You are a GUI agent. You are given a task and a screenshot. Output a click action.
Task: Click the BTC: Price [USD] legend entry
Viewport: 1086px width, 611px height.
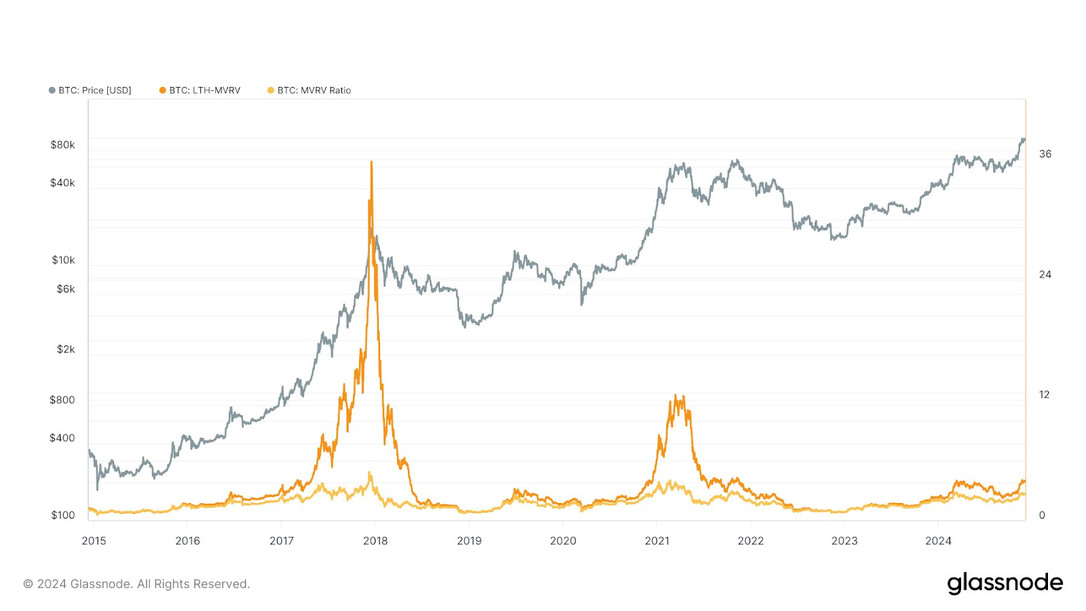click(x=90, y=90)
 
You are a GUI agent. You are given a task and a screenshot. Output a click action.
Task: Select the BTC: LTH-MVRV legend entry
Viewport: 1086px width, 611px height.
click(x=200, y=90)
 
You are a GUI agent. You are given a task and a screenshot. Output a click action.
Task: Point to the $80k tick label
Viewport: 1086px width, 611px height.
click(x=62, y=145)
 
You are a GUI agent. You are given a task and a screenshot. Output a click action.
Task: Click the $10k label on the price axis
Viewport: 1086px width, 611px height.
click(x=63, y=260)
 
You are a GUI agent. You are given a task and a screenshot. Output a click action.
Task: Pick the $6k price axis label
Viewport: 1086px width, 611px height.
click(x=66, y=289)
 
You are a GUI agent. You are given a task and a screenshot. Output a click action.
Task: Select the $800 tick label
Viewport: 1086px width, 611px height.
click(x=62, y=400)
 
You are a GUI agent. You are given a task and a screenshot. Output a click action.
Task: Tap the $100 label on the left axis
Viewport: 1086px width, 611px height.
click(x=62, y=515)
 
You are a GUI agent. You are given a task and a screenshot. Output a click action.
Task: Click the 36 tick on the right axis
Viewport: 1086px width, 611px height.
click(x=1045, y=154)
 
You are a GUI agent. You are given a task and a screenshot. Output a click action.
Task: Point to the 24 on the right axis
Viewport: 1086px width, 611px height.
click(x=1045, y=274)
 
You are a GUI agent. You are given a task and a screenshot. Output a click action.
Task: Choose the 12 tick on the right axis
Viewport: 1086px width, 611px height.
click(x=1045, y=394)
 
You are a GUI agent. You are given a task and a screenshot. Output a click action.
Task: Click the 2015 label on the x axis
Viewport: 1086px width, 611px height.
click(x=94, y=541)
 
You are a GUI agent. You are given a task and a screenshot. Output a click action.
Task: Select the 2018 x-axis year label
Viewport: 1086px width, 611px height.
click(x=375, y=541)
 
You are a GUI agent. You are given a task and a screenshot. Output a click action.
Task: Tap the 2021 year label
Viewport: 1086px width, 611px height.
click(x=657, y=541)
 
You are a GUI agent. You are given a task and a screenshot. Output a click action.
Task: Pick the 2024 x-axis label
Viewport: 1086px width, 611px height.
click(x=939, y=541)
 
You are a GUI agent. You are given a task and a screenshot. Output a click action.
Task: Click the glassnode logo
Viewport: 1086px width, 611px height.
click(x=1005, y=583)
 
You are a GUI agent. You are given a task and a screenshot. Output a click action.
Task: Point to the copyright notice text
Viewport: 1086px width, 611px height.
click(x=136, y=584)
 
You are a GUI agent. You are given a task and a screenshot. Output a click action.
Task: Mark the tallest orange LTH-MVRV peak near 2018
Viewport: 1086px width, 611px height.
click(x=371, y=163)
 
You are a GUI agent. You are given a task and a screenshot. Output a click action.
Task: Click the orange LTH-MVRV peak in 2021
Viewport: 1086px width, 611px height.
click(x=675, y=396)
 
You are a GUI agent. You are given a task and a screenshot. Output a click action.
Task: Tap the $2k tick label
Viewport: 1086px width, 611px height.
click(x=66, y=350)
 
